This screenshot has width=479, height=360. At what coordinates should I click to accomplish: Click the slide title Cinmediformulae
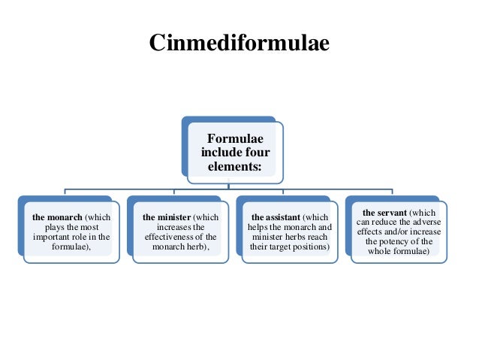pos(239,44)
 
